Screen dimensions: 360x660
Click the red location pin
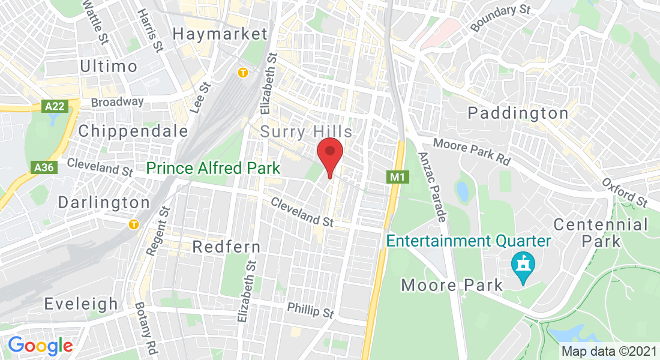[x=329, y=155]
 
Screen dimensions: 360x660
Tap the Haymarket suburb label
[x=220, y=34]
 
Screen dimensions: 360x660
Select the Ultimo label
[x=109, y=65]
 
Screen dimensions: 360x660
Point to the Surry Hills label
[x=306, y=131]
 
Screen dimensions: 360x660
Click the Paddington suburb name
[x=518, y=113]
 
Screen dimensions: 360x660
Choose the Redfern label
[x=226, y=247]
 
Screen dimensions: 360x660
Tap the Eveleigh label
[x=80, y=304]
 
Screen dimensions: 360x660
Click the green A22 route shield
[x=55, y=106]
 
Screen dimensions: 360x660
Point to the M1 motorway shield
[x=396, y=177]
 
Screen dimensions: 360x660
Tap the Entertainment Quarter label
[x=469, y=241]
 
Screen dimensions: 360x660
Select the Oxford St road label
[x=625, y=191]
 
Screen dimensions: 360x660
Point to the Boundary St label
[x=493, y=19]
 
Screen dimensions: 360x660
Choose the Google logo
[x=40, y=346]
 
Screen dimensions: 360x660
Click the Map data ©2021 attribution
[x=608, y=351]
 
